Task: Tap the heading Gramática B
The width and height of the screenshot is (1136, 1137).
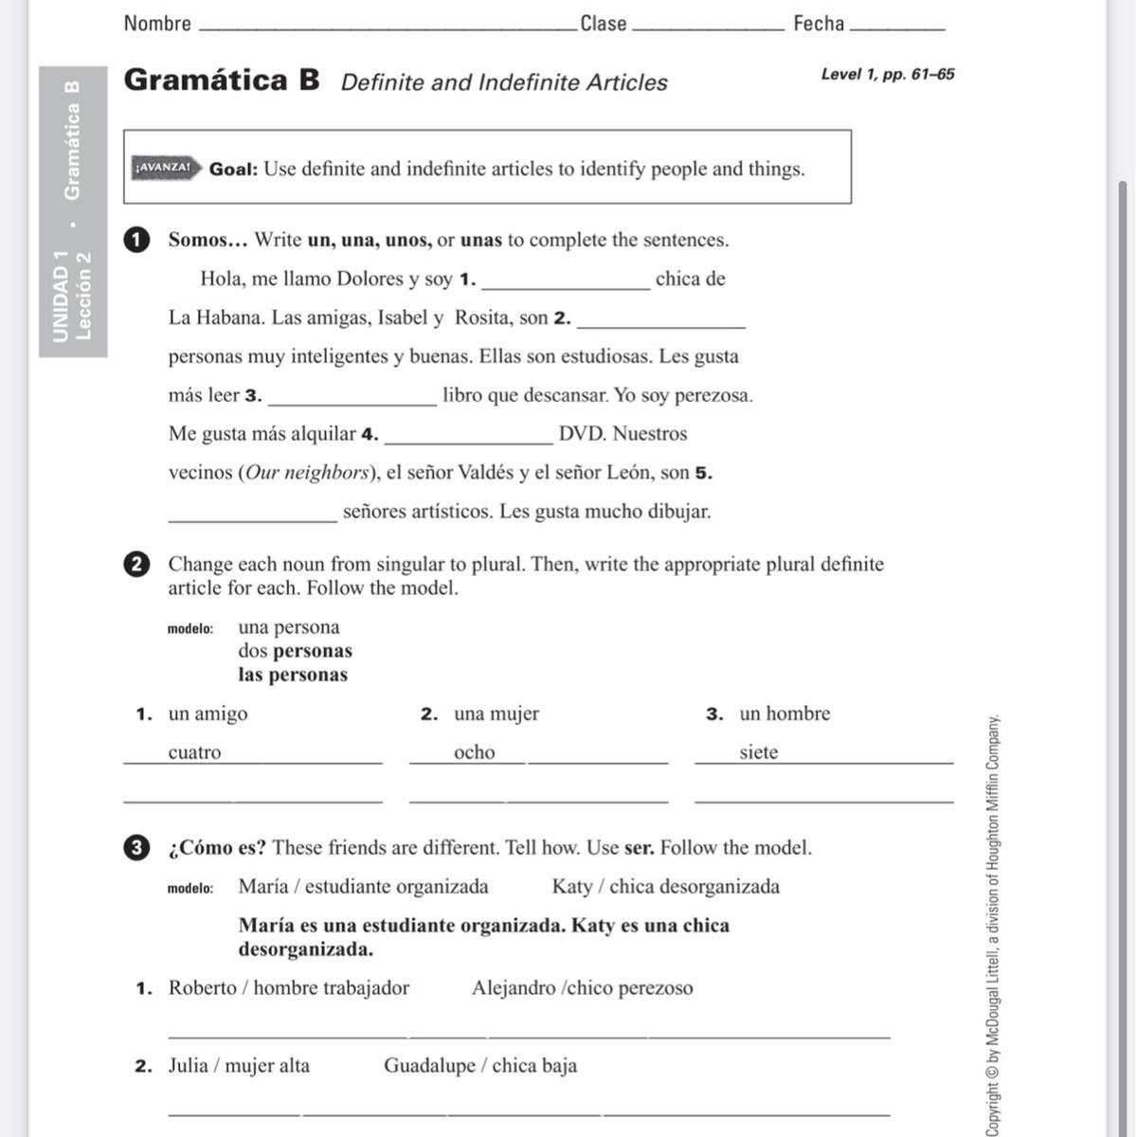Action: [222, 80]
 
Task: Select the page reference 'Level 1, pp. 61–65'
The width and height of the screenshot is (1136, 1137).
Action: [887, 74]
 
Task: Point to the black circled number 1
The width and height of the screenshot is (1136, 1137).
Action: [136, 240]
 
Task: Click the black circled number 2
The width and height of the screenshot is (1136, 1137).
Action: [136, 565]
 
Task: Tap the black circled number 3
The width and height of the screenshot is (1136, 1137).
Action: [136, 848]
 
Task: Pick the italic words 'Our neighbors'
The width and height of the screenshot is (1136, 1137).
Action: [307, 473]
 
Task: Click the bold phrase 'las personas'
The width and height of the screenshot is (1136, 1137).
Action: [293, 676]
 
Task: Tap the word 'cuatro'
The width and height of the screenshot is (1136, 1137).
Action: [194, 753]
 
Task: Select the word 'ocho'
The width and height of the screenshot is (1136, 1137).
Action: [474, 753]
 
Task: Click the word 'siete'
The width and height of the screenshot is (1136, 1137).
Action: [758, 753]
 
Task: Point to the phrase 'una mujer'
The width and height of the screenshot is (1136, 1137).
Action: [496, 714]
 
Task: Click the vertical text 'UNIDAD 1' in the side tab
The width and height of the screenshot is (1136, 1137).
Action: [62, 296]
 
